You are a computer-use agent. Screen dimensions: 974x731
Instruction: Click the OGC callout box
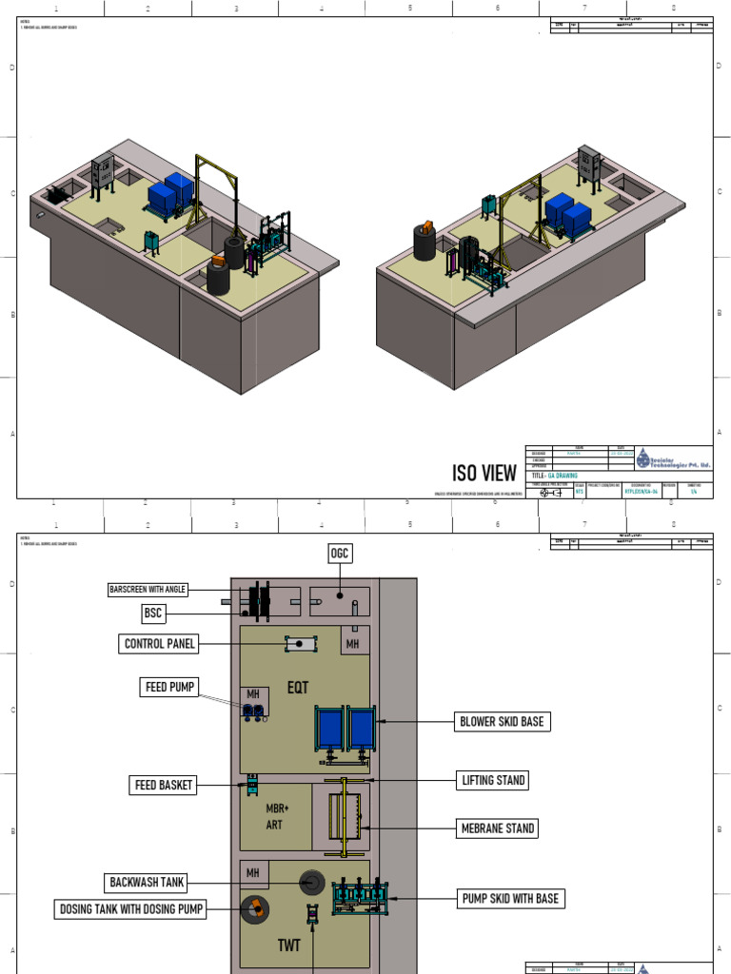pos(340,554)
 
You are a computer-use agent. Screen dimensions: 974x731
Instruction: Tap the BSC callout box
pos(153,613)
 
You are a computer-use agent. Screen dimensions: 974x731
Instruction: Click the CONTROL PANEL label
pos(160,644)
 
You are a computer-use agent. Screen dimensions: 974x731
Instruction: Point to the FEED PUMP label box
pos(169,687)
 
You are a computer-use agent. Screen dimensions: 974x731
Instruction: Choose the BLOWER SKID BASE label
pos(502,722)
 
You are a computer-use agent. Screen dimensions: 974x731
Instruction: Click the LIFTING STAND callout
pos(492,780)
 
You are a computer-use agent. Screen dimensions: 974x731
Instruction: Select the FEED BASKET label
pos(162,785)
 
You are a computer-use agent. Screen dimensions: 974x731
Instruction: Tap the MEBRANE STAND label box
pos(497,828)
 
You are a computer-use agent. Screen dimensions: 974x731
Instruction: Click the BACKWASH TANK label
pos(147,883)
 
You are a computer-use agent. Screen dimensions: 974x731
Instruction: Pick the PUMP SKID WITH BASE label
pos(510,898)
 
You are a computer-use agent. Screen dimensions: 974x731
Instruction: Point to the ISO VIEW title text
pos(484,473)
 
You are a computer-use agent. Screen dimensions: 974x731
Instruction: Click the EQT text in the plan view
pos(299,686)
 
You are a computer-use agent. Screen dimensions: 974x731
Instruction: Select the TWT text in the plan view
pos(289,945)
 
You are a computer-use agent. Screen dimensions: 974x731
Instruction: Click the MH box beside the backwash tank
pos(253,872)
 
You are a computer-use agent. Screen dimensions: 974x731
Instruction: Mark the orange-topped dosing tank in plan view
pos(254,910)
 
